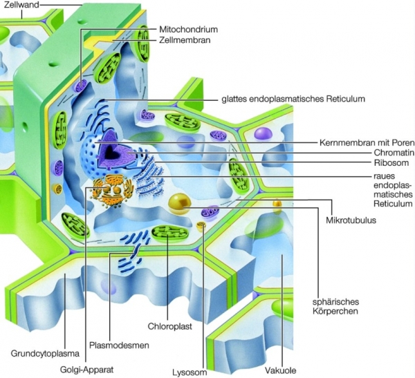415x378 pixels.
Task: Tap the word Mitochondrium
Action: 188,30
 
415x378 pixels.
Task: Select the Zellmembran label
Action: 185,41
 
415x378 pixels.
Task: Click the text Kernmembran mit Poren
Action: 363,142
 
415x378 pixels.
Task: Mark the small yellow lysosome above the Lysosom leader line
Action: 202,227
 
